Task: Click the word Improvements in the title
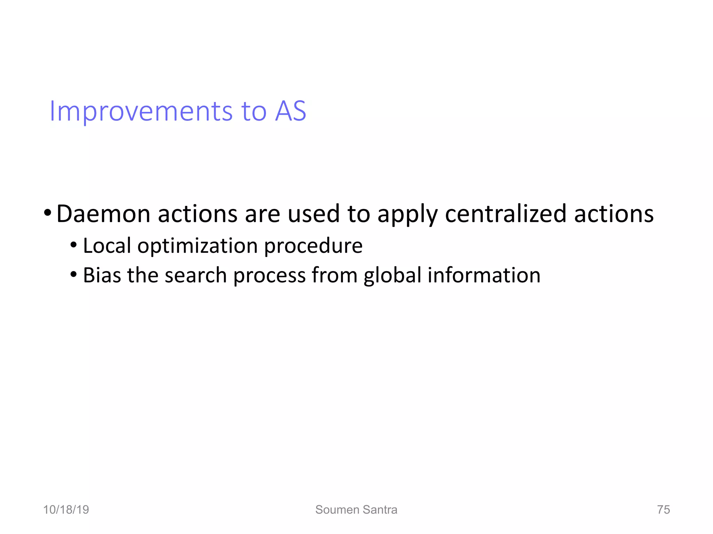coord(141,111)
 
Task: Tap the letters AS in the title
coord(290,111)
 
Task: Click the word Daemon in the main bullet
coord(103,214)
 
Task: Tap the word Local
coord(107,246)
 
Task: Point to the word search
coord(195,275)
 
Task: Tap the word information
coord(484,275)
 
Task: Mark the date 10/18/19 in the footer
coord(66,510)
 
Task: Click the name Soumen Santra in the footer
coord(356,510)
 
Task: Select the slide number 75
coord(663,510)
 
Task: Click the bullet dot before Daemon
coord(48,212)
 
